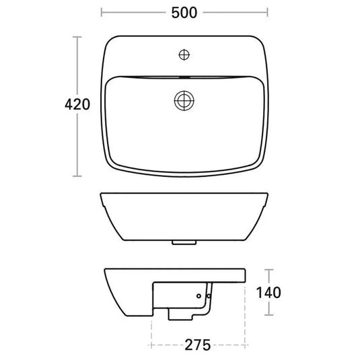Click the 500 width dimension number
tap(184, 12)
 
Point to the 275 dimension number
tap(198, 345)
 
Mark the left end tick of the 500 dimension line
tap(101, 12)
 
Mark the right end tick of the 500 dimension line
tap(268, 12)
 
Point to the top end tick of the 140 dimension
tap(268, 270)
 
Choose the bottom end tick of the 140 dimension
tap(268, 315)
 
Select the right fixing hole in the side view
tap(209, 293)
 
